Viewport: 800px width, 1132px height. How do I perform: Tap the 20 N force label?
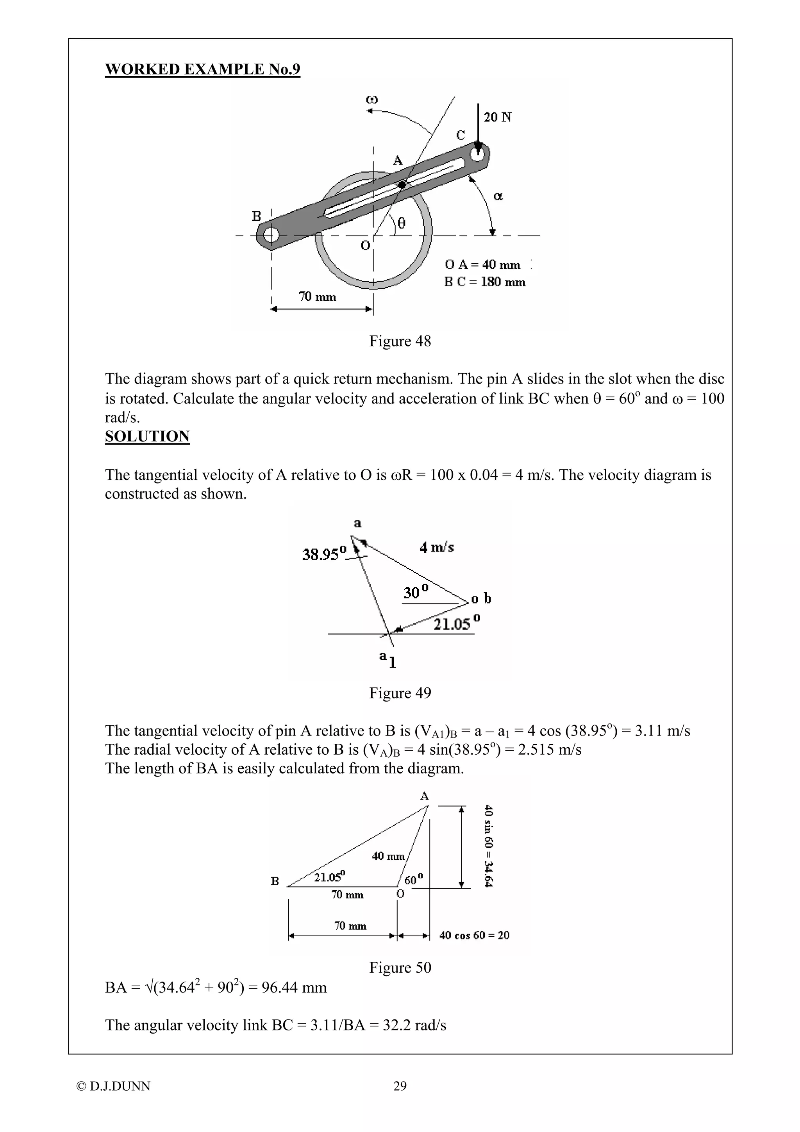pyautogui.click(x=497, y=117)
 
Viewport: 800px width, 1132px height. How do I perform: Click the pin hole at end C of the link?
pyautogui.click(x=477, y=154)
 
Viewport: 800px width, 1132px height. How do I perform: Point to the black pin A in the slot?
pyautogui.click(x=402, y=184)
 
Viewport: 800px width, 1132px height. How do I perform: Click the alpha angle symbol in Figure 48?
pyautogui.click(x=498, y=196)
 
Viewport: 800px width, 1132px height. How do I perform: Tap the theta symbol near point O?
pyautogui.click(x=401, y=224)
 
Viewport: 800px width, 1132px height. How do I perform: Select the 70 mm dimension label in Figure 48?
pyautogui.click(x=318, y=297)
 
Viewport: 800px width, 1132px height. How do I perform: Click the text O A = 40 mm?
pyautogui.click(x=482, y=265)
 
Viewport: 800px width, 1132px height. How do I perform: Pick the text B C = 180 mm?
pyautogui.click(x=484, y=282)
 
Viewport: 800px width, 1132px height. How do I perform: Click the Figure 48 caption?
pyautogui.click(x=400, y=341)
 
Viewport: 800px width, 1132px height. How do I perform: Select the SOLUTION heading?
pyautogui.click(x=147, y=436)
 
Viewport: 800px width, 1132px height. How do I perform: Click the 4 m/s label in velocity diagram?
pyautogui.click(x=437, y=547)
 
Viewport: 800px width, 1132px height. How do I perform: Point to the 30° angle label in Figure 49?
pyautogui.click(x=416, y=592)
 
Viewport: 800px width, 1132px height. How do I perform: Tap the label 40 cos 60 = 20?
pyautogui.click(x=474, y=935)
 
